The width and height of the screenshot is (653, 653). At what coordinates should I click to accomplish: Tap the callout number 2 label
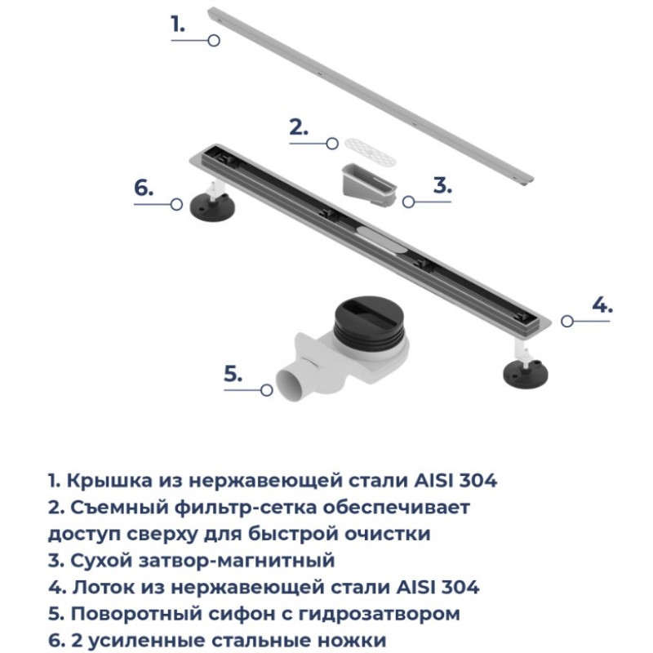coord(299,127)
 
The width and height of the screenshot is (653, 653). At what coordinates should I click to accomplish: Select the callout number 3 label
coord(442,185)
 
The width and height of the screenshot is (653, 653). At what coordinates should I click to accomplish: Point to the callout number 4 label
coord(602,304)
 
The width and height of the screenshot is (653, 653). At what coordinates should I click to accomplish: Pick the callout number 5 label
coord(233,373)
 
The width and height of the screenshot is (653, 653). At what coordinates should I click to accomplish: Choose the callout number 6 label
coord(144,188)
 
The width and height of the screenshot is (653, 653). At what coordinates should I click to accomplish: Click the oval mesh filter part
coord(369,151)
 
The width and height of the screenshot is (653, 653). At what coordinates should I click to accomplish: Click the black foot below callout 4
coord(525,374)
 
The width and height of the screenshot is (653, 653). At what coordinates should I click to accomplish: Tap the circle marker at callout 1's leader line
coord(214,40)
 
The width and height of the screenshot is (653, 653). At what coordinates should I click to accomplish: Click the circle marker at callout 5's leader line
coord(267,390)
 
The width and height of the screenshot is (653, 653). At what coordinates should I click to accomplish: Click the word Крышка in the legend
coord(109,481)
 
